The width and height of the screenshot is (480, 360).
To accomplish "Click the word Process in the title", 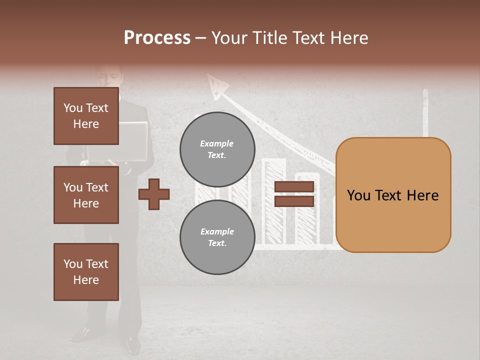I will pos(157,38).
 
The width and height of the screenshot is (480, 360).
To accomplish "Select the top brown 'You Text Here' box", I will pos(86,116).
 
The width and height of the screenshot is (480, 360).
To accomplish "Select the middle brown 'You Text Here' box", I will pos(86,195).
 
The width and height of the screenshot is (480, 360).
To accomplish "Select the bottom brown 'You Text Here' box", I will pos(86,272).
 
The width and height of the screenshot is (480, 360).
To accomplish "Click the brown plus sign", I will pos(154,194).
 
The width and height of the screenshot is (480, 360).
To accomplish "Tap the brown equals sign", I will pos(294,194).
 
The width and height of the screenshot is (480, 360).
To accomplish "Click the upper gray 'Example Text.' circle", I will pos(217,149).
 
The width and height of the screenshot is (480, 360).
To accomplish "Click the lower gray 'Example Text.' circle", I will pos(217,237).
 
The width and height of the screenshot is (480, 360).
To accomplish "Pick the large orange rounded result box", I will pos(393,195).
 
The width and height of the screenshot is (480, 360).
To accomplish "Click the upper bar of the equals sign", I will pos(294,186).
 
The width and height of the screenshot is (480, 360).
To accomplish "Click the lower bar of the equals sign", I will pos(294,201).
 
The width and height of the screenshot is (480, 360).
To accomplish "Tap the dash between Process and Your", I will pos(201,38).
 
